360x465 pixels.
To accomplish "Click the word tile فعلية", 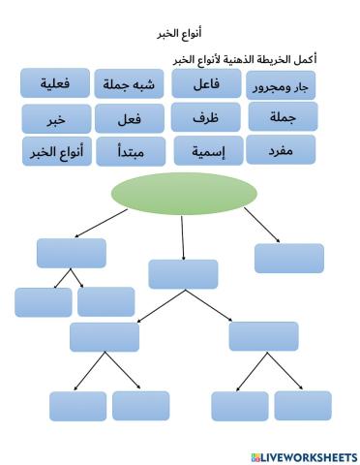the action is pyautogui.click(x=55, y=83).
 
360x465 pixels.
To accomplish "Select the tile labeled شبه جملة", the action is pyautogui.click(x=130, y=84).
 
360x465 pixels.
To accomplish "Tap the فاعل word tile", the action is pyautogui.click(x=206, y=84).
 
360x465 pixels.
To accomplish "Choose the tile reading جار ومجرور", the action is pyautogui.click(x=281, y=85).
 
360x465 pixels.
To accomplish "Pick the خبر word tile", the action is pyautogui.click(x=55, y=119).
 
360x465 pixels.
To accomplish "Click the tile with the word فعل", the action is pyautogui.click(x=131, y=119).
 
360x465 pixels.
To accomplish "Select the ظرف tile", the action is pyautogui.click(x=206, y=117).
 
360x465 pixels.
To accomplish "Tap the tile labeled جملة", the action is pyautogui.click(x=281, y=117).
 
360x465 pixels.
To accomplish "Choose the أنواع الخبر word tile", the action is pyautogui.click(x=55, y=151).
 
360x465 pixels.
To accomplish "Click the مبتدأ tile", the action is pyautogui.click(x=131, y=152).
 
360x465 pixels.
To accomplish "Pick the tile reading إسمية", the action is pyautogui.click(x=206, y=151).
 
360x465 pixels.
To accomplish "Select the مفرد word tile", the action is pyautogui.click(x=281, y=149).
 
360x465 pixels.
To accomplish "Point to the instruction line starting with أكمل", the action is pyautogui.click(x=245, y=59).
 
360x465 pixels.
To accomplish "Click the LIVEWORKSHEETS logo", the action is pyautogui.click(x=303, y=456).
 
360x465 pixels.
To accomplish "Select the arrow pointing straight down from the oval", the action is pyautogui.click(x=184, y=237).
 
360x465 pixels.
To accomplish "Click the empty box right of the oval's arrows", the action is pyautogui.click(x=288, y=259).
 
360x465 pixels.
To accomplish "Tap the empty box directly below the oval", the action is pyautogui.click(x=183, y=274).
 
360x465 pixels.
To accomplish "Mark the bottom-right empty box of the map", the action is pyautogui.click(x=302, y=405).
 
